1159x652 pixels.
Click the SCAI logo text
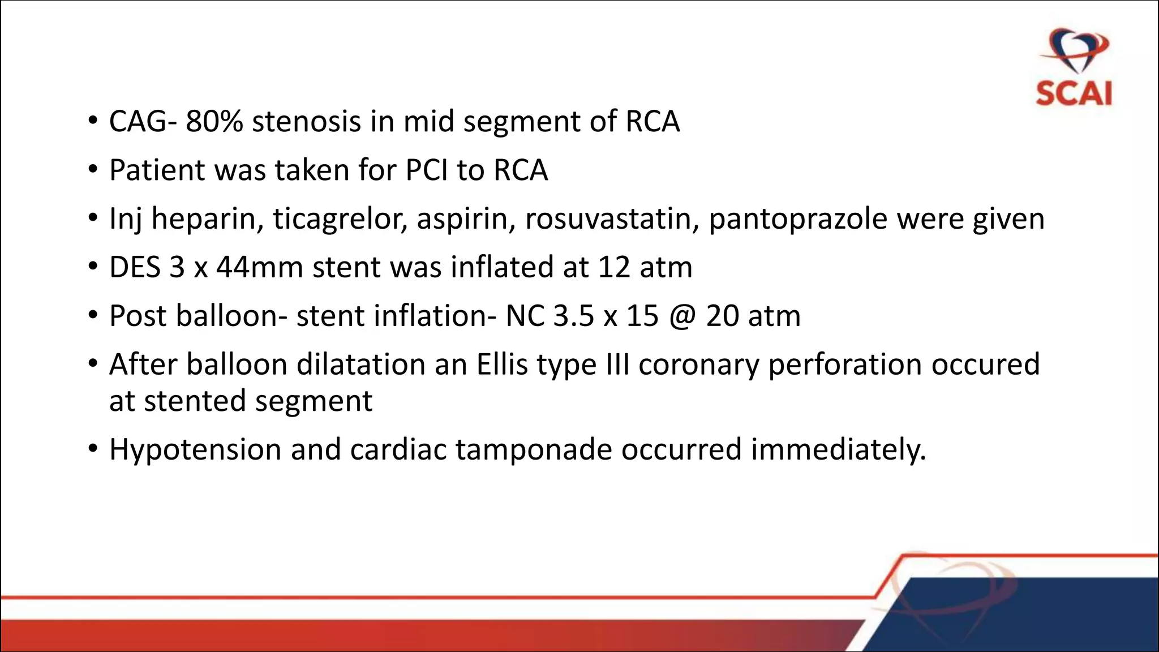pyautogui.click(x=1074, y=93)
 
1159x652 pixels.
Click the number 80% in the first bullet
pyautogui.click(x=214, y=122)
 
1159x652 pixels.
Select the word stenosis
pyautogui.click(x=306, y=122)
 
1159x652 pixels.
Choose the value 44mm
pyautogui.click(x=260, y=267)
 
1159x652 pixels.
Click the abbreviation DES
pyautogui.click(x=135, y=267)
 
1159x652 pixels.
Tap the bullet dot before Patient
pyautogui.click(x=93, y=170)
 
